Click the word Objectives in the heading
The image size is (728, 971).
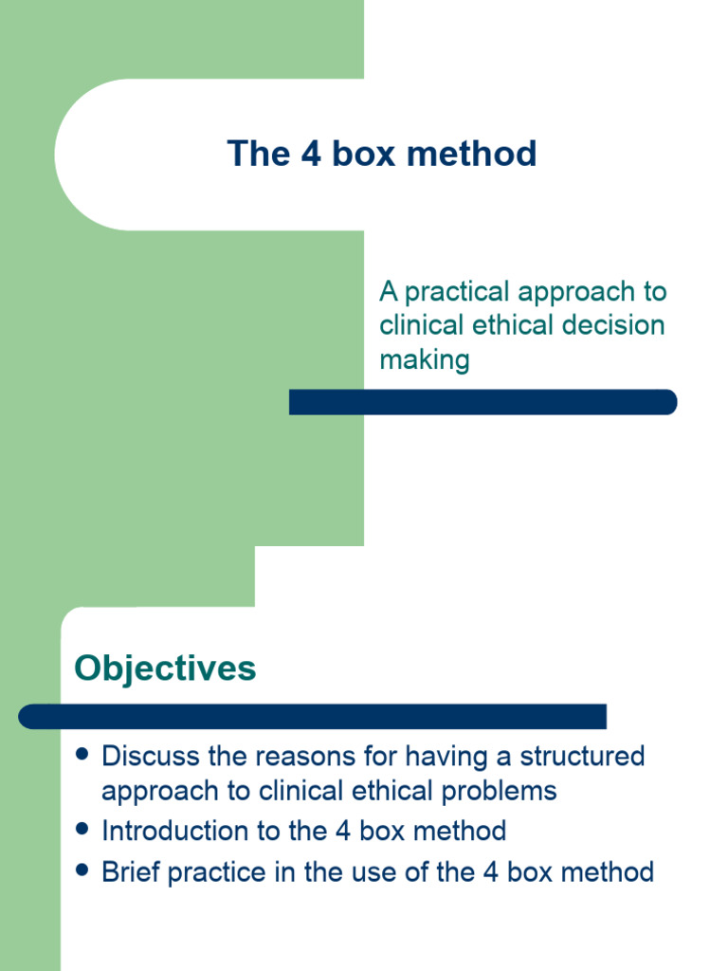click(165, 669)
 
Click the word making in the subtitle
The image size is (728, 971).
click(424, 359)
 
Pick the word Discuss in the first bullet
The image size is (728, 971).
click(150, 756)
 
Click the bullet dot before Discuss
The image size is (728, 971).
click(82, 755)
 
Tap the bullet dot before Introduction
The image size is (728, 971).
click(82, 830)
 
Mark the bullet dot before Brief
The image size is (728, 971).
click(82, 870)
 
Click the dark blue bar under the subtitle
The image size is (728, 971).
click(482, 402)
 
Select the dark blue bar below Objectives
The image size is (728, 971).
click(312, 717)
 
